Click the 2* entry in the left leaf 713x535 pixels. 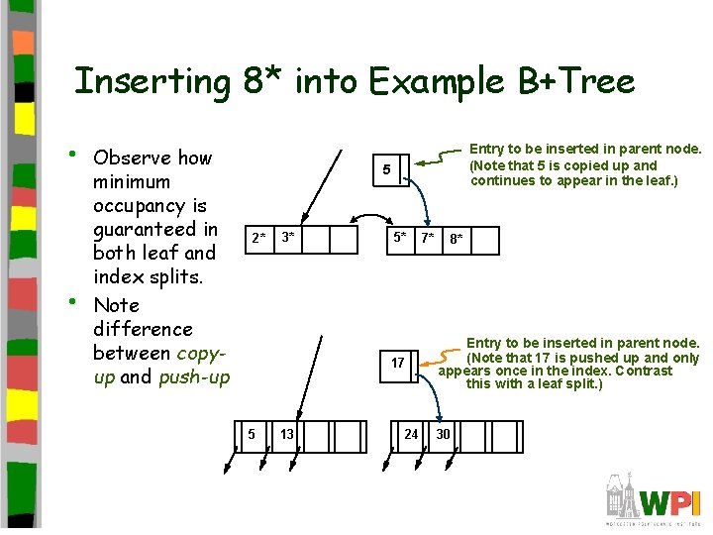[257, 238]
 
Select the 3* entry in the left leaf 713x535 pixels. [288, 238]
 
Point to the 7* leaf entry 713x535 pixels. [427, 238]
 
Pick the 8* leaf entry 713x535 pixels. [457, 239]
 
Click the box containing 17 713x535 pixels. [397, 363]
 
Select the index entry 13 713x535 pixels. [286, 434]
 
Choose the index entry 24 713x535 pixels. [411, 434]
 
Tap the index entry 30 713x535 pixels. [443, 434]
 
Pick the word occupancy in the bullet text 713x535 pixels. [150, 206]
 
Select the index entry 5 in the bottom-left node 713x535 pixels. [252, 434]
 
